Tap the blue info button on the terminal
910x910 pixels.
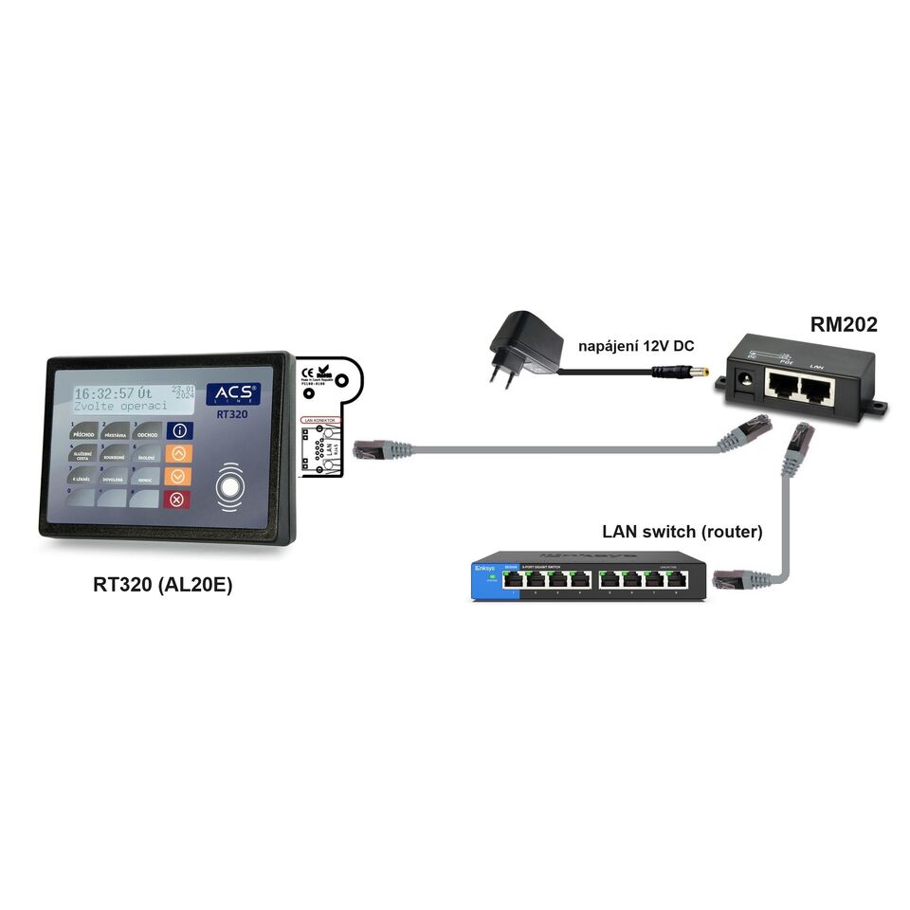pos(178,430)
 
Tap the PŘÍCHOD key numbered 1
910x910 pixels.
pos(82,431)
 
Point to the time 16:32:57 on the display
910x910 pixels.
pos(104,392)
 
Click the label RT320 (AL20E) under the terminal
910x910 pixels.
pos(162,585)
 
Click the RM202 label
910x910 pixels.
pos(843,325)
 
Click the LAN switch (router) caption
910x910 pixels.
pos(682,531)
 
